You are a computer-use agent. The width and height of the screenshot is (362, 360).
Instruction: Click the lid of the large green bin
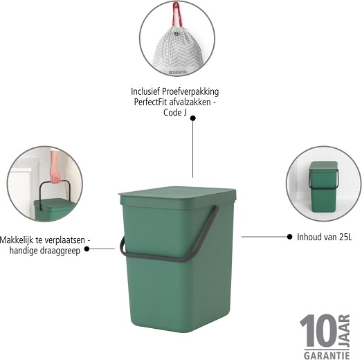click(177, 197)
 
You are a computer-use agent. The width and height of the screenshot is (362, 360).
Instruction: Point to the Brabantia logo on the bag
click(178, 72)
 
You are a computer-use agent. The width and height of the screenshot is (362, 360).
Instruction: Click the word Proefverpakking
click(190, 91)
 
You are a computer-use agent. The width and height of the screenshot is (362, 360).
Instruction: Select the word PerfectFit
click(150, 102)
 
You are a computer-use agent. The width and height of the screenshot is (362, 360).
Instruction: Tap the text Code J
click(174, 112)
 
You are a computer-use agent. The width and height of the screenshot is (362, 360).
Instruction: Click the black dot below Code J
click(193, 118)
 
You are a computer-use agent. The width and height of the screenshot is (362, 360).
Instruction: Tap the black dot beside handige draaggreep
click(87, 249)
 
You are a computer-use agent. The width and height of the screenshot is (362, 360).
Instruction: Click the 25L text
click(345, 237)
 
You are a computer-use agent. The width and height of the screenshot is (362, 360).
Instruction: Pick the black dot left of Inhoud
click(289, 237)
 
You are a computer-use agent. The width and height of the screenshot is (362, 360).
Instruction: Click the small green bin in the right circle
click(323, 187)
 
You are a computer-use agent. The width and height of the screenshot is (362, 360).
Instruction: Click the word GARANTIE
click(327, 355)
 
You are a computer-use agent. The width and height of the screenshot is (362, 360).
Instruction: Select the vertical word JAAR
click(344, 330)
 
